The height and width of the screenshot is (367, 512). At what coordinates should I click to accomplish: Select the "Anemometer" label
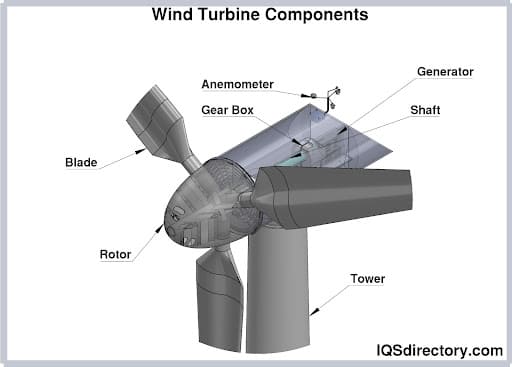click(x=241, y=83)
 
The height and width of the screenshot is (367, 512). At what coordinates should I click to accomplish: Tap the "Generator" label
click(x=445, y=71)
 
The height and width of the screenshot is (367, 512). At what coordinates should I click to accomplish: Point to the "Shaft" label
click(x=426, y=110)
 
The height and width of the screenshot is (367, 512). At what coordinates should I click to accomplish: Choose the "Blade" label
click(x=81, y=162)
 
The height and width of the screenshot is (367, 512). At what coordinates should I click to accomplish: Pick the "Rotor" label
click(x=116, y=253)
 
